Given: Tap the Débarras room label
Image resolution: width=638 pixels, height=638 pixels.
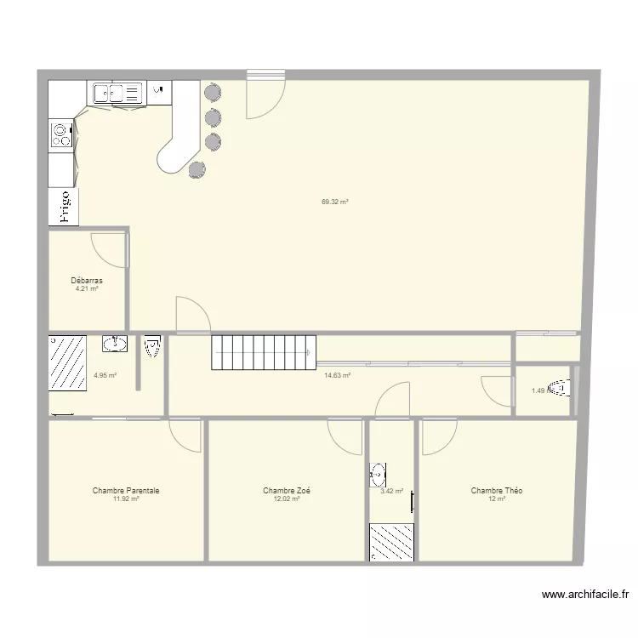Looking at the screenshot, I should click(x=87, y=280).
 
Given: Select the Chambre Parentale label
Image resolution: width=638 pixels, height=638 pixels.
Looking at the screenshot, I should click(x=126, y=491).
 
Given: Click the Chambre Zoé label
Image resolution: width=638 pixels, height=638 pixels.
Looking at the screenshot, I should click(x=287, y=491).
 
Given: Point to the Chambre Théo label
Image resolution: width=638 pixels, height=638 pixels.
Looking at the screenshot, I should click(x=497, y=491).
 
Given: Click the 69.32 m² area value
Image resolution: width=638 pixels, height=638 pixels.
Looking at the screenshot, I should click(x=335, y=202).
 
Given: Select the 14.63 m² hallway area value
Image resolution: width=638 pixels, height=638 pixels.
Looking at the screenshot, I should click(x=338, y=374).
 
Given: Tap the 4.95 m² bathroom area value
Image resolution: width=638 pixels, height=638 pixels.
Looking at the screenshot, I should click(x=105, y=375).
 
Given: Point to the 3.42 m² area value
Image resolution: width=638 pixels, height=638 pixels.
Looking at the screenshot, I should click(x=391, y=491).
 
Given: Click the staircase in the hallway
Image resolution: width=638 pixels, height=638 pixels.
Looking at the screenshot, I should click(x=264, y=351).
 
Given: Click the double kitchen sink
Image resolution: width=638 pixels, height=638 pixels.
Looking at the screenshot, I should click(x=117, y=92).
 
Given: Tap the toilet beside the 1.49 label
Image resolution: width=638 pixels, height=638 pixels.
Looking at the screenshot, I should click(x=559, y=390).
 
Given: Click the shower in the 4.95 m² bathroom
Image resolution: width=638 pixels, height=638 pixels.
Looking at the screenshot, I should click(x=68, y=362).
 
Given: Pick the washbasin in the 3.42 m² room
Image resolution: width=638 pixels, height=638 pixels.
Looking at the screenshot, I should click(x=379, y=474).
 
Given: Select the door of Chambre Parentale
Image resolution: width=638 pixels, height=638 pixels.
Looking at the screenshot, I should click(x=184, y=436).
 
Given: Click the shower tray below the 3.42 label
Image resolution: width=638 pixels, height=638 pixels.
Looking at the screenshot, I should click(x=391, y=542).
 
